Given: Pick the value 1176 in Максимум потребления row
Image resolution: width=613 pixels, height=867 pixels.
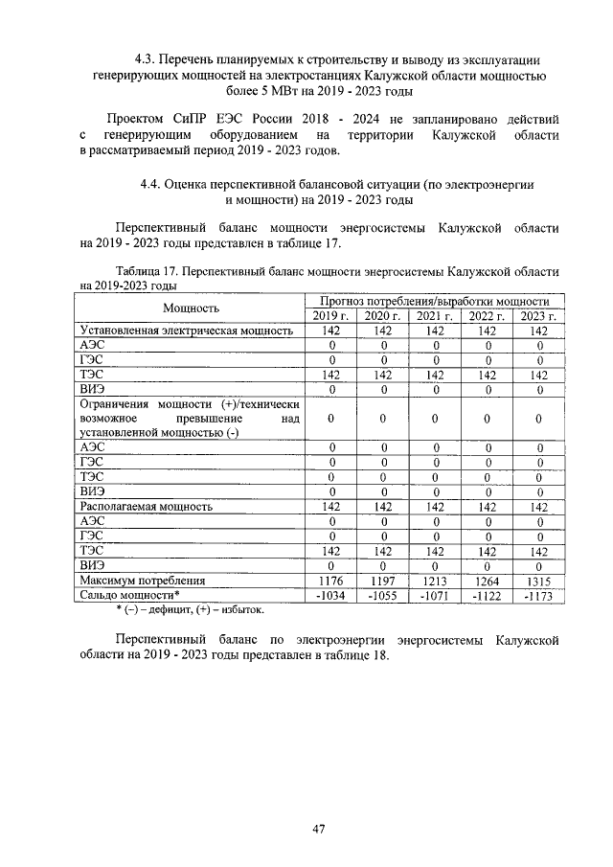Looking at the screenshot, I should (x=330, y=580).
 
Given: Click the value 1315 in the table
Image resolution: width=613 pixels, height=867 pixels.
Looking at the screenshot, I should (x=539, y=580).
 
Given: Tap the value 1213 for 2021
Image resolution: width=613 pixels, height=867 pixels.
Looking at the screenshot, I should (x=435, y=580).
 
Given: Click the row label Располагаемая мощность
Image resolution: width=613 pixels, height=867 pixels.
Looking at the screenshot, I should (x=147, y=506).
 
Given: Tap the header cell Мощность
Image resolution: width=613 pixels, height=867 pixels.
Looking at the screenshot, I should (x=191, y=308).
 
